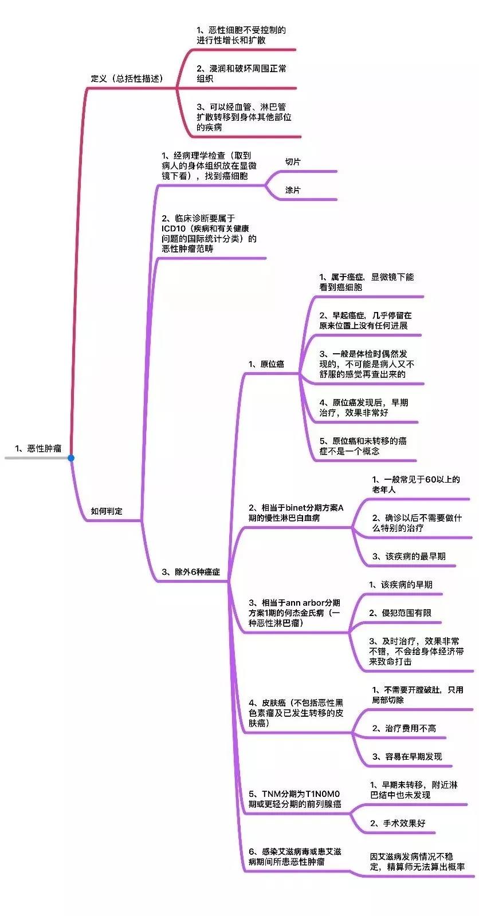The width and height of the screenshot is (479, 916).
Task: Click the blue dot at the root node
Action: (x=71, y=458)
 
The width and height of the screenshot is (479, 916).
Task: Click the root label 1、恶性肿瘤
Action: (x=38, y=448)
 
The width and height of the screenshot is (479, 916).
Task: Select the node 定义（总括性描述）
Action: (x=127, y=78)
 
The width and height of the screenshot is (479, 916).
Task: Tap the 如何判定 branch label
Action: (x=107, y=511)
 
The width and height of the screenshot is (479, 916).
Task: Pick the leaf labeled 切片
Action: (x=293, y=162)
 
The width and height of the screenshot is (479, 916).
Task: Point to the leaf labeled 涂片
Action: (x=293, y=190)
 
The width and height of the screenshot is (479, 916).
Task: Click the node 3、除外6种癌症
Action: (x=191, y=572)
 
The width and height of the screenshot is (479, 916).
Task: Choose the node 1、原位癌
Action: (x=266, y=364)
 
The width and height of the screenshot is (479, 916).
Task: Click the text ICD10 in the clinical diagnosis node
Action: (x=174, y=228)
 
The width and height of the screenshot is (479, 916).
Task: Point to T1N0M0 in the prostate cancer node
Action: (x=322, y=793)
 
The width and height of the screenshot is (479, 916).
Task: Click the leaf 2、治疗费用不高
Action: (x=404, y=728)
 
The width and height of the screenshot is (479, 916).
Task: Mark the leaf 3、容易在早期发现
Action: (x=407, y=756)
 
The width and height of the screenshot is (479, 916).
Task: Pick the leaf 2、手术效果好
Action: (x=398, y=823)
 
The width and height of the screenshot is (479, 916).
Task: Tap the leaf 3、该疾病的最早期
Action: (x=409, y=556)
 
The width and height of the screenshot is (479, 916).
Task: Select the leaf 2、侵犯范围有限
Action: (x=400, y=613)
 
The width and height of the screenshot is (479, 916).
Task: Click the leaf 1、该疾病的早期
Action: (x=401, y=585)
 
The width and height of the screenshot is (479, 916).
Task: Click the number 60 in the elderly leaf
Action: (x=431, y=480)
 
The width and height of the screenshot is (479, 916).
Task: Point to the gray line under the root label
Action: (x=37, y=458)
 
